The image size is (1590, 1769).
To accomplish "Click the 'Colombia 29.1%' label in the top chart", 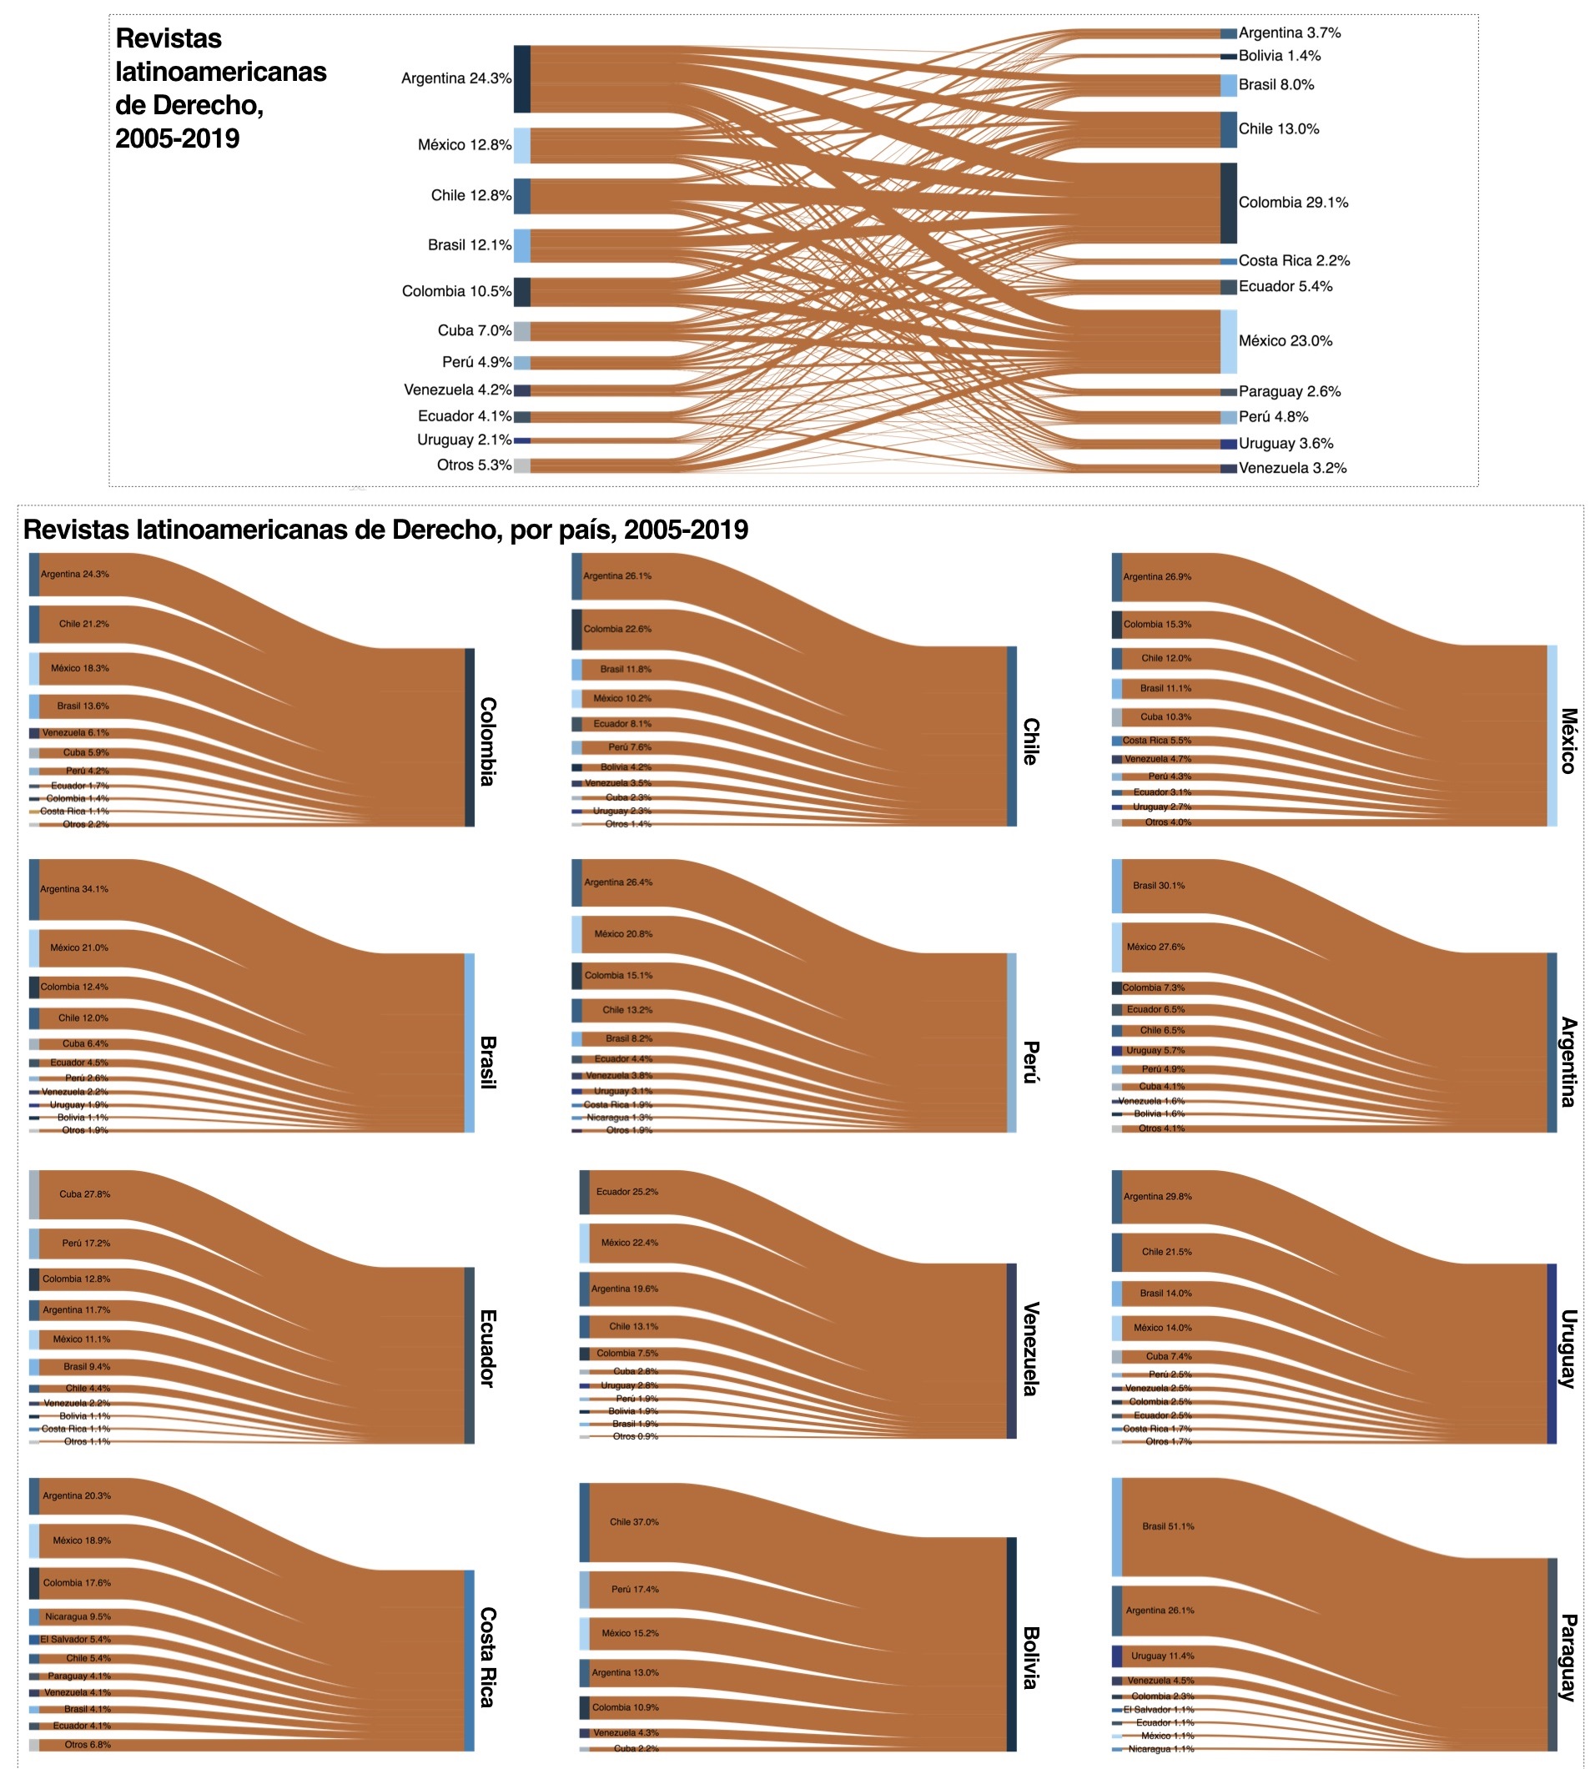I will click(x=1292, y=203).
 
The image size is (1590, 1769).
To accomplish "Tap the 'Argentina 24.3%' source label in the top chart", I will click(x=456, y=78).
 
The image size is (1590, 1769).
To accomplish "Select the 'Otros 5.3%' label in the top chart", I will click(x=474, y=465).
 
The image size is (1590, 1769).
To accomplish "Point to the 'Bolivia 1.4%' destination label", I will click(x=1279, y=56).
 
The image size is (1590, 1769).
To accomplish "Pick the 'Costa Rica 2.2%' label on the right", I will click(x=1293, y=260).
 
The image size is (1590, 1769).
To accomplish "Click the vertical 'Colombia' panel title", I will click(x=487, y=741).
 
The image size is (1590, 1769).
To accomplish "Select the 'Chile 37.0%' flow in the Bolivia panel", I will click(x=634, y=1522).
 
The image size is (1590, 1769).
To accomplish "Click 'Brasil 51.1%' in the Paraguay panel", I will click(x=1168, y=1526).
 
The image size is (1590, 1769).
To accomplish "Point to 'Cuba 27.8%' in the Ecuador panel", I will click(x=85, y=1194).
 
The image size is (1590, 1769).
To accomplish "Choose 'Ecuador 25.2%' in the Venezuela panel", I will click(x=627, y=1192).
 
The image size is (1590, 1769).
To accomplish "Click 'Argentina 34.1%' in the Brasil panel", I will click(x=74, y=889).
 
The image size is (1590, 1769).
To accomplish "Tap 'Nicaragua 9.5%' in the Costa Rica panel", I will click(x=78, y=1616).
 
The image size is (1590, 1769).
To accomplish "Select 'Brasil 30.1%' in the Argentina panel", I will click(x=1159, y=886).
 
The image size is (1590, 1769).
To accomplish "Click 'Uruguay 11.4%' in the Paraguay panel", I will click(x=1162, y=1656).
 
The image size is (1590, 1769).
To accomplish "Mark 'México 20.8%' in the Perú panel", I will click(x=623, y=934).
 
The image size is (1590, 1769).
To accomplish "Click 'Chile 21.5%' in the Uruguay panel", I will click(x=1166, y=1252).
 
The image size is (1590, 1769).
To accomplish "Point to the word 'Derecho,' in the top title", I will click(x=189, y=105).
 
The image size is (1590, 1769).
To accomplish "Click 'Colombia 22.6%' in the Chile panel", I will click(x=617, y=629).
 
